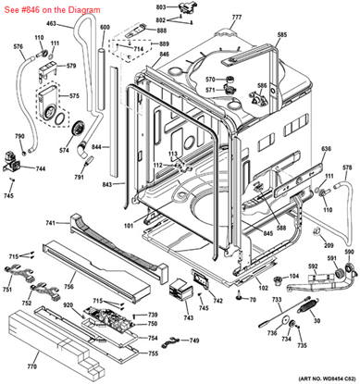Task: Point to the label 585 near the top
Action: (282, 34)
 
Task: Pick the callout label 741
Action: (52, 223)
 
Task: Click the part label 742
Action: (218, 302)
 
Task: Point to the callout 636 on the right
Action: (326, 148)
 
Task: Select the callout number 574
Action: (65, 150)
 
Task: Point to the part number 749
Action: (194, 341)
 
